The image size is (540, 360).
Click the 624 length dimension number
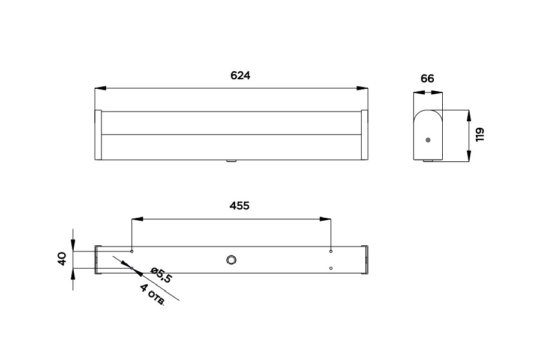click(x=240, y=76)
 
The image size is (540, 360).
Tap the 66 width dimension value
click(x=427, y=79)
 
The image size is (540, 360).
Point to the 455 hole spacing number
click(x=239, y=205)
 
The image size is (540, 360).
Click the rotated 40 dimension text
click(x=61, y=259)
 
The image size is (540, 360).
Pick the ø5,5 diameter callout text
click(x=161, y=275)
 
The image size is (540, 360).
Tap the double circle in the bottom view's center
click(x=232, y=260)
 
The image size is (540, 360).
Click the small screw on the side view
click(x=427, y=140)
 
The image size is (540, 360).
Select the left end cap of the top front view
click(x=98, y=135)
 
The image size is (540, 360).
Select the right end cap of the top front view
click(x=364, y=135)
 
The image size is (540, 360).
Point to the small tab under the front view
click(x=232, y=161)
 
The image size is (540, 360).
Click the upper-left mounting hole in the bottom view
click(x=131, y=251)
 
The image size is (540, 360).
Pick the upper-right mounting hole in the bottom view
click(x=331, y=251)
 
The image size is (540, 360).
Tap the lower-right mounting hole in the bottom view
click(x=331, y=268)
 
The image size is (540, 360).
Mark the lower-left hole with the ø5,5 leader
click(x=131, y=268)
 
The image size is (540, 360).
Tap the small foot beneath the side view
click(x=427, y=161)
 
